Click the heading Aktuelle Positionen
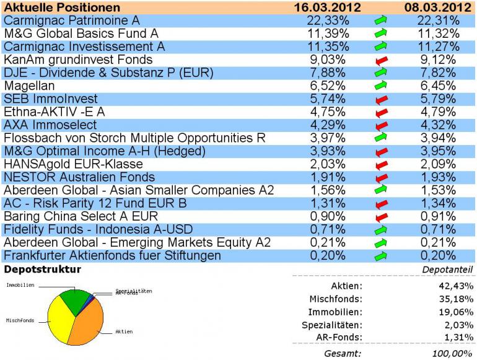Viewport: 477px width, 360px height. (x=61, y=7)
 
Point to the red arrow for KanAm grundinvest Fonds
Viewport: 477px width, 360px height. (x=382, y=60)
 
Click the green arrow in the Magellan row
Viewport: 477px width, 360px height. (x=382, y=86)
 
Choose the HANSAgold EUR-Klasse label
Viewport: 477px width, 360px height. (x=73, y=164)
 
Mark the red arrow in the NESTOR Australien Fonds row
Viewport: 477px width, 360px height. (x=382, y=177)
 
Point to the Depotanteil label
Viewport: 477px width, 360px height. (x=447, y=270)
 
